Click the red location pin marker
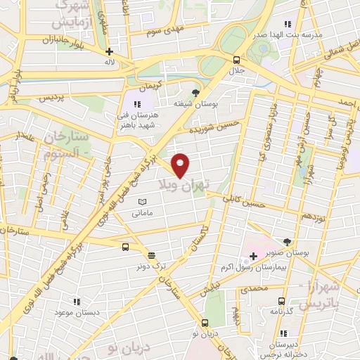pos(181,165)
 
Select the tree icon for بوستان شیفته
pos(196,92)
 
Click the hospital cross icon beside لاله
pos(109,51)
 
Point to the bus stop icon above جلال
pos(236,60)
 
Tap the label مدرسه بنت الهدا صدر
pos(317,34)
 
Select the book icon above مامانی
pos(143,202)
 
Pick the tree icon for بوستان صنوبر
pos(286,242)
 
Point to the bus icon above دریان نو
pos(205,323)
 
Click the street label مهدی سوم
pos(165,32)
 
